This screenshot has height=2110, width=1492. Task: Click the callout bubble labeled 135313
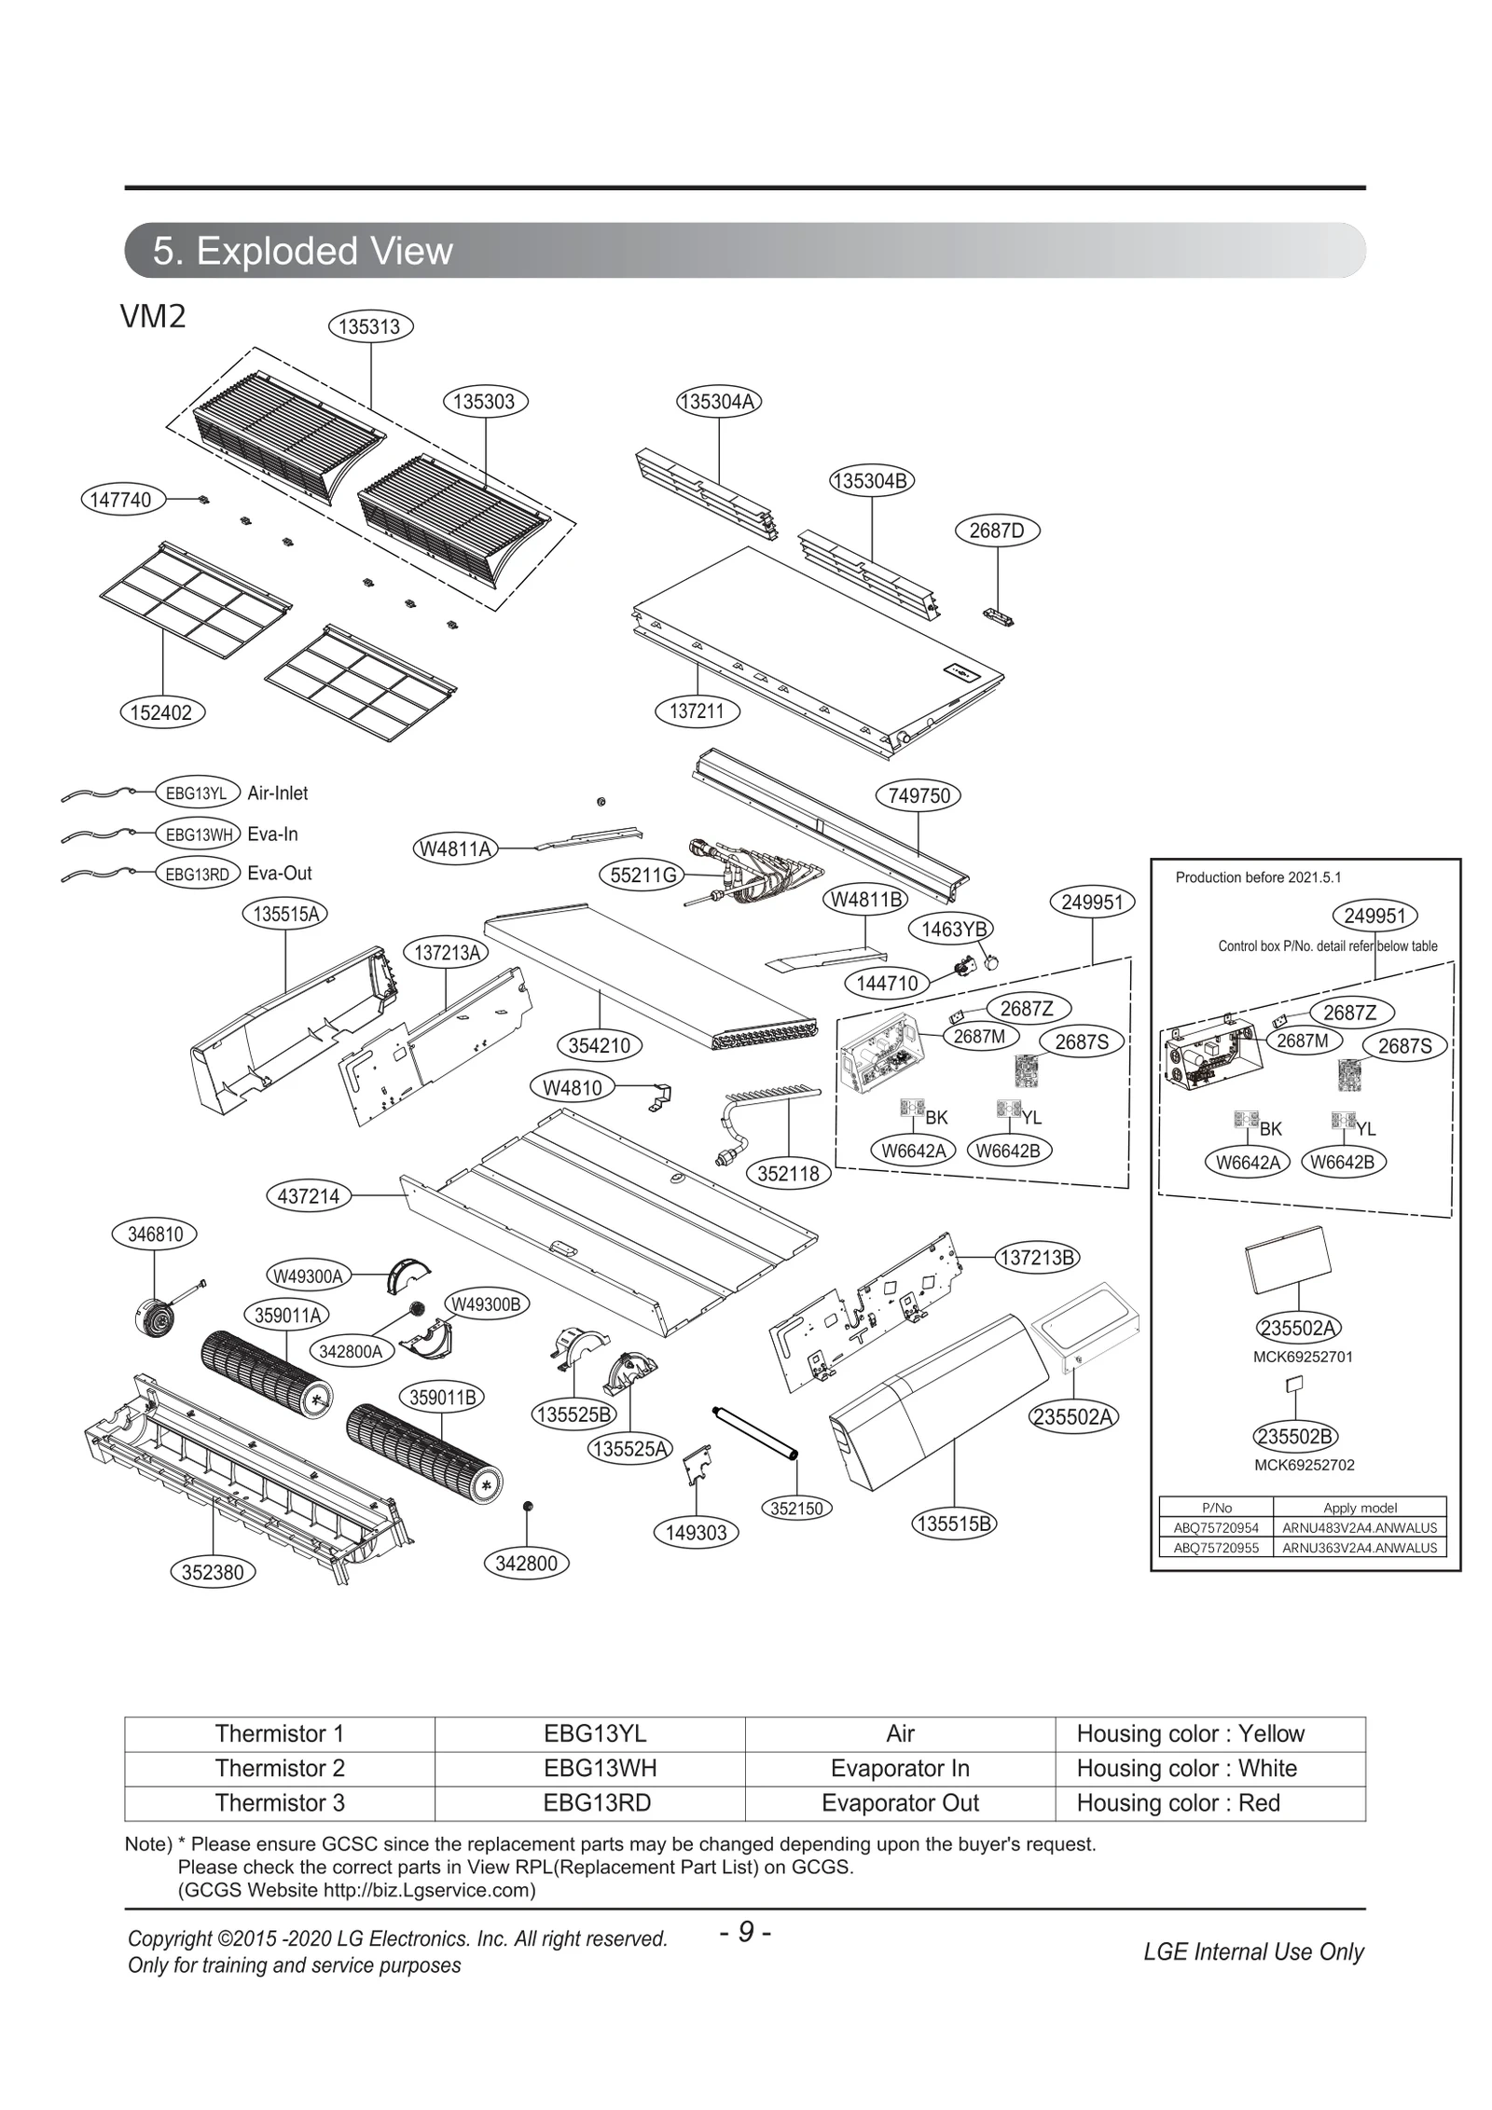click(370, 326)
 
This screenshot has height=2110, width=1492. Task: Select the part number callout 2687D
click(997, 531)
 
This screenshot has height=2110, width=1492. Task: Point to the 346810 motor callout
click(155, 1234)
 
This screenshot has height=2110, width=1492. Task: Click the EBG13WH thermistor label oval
click(197, 834)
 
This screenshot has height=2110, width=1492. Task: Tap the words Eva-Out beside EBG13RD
click(279, 874)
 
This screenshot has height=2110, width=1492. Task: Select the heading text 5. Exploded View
click(302, 251)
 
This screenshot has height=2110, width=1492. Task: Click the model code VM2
click(153, 317)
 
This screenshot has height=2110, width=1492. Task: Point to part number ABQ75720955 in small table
click(1215, 1547)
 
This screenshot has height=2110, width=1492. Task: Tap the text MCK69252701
click(1302, 1357)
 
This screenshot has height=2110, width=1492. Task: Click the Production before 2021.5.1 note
click(1258, 877)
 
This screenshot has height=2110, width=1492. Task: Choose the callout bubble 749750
click(919, 795)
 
